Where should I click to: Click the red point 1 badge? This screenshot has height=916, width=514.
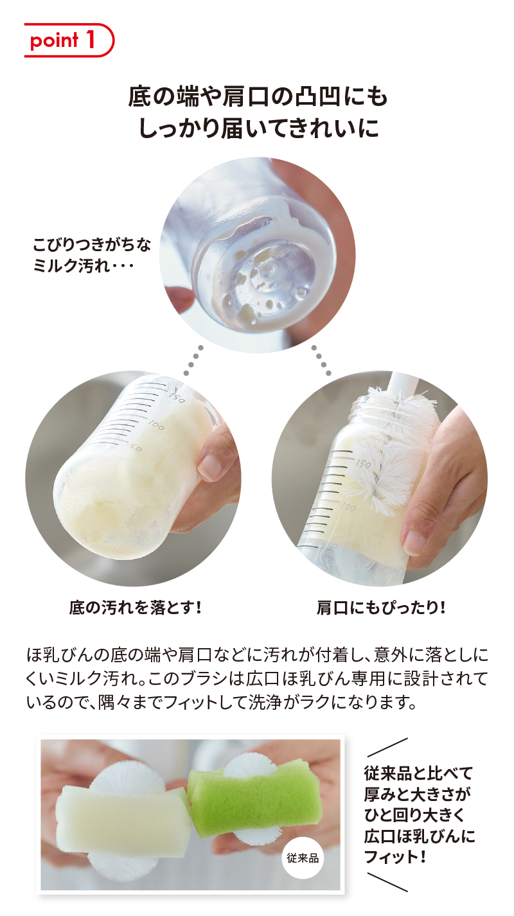[69, 40]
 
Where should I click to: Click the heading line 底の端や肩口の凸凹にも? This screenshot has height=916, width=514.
[258, 98]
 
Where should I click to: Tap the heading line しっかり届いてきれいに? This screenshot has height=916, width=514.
[258, 128]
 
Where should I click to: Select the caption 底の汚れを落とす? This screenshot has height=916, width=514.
[136, 608]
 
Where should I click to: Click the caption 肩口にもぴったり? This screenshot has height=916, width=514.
[381, 608]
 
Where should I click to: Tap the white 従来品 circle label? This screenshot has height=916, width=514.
[303, 858]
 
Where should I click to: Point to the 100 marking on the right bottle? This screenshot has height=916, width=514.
[348, 507]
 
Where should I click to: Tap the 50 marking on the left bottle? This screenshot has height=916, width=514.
[136, 448]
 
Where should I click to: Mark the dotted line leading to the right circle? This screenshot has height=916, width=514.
[321, 360]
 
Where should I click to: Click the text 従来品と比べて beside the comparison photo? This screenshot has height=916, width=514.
[418, 773]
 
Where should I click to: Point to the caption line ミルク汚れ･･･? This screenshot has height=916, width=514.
[84, 267]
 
